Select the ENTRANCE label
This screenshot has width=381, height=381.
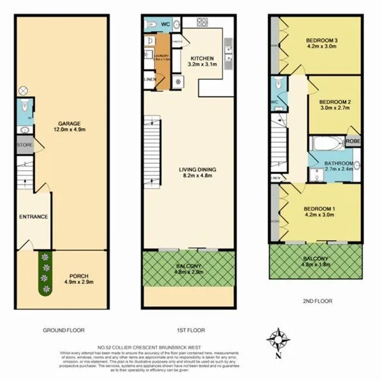[34, 217]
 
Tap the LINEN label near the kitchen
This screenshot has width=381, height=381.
[150, 79]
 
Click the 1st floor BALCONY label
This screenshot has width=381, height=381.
[190, 267]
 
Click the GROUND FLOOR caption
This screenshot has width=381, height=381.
[63, 331]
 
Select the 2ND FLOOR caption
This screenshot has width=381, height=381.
[314, 302]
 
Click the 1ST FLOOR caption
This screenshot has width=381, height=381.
[190, 331]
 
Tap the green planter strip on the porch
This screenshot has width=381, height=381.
[44, 274]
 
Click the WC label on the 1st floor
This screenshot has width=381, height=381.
[164, 24]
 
